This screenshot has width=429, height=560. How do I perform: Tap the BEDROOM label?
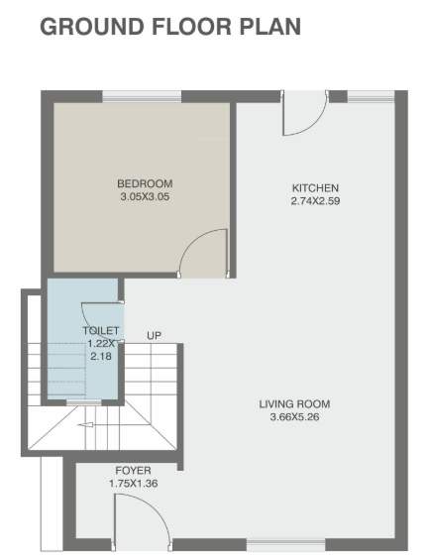(145, 183)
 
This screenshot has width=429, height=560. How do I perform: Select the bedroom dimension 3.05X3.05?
(145, 196)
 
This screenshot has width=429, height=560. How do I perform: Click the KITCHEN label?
(315, 188)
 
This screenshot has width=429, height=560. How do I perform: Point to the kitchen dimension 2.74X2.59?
(315, 201)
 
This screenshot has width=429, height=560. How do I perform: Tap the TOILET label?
(102, 331)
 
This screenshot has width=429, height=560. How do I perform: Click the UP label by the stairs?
(154, 335)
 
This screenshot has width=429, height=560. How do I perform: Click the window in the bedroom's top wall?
(142, 96)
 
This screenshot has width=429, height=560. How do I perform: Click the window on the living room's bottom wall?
(284, 544)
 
